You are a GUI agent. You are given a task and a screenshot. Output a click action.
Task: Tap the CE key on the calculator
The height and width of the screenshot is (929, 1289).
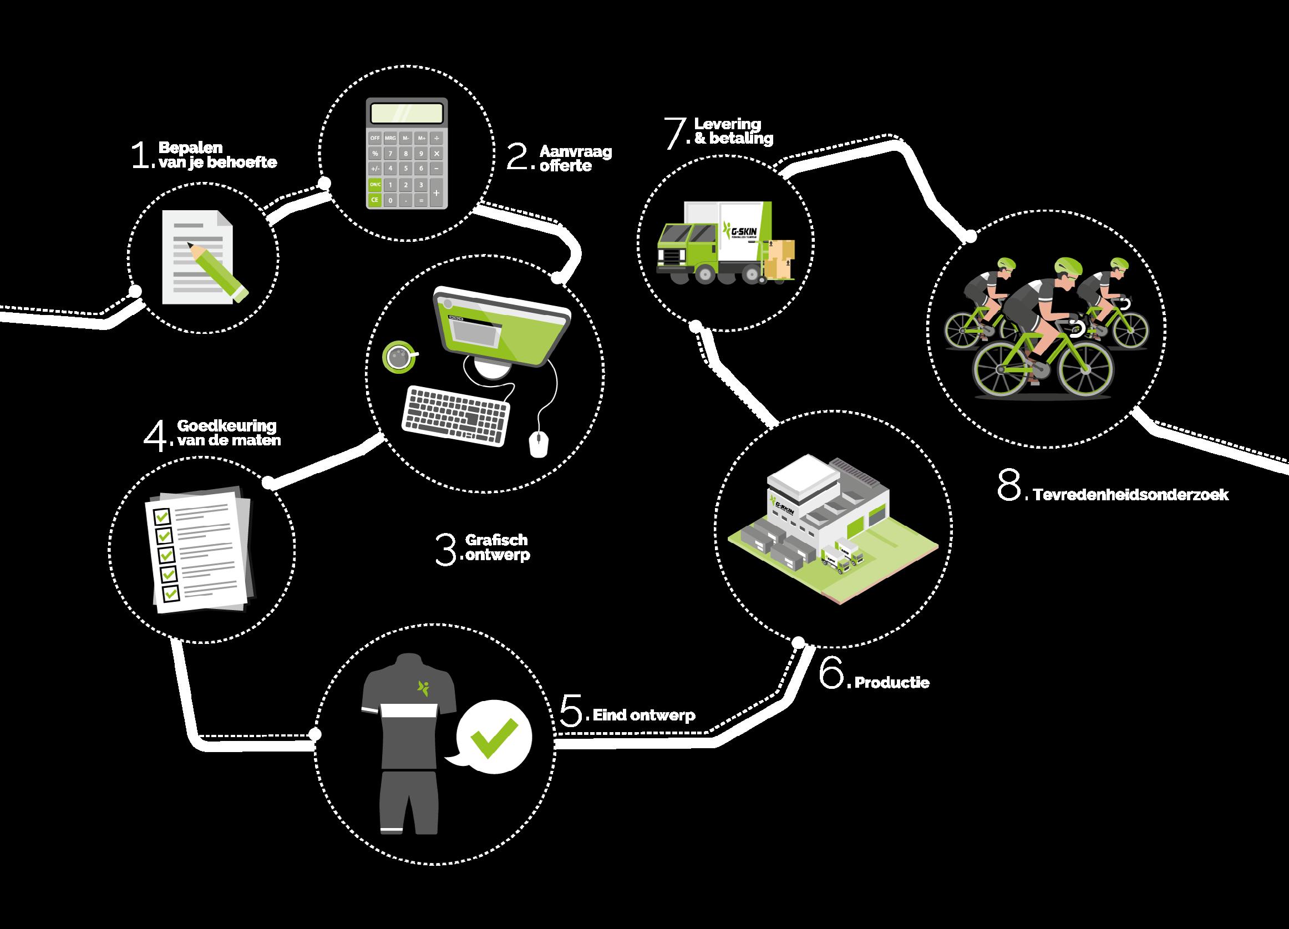[x=374, y=200]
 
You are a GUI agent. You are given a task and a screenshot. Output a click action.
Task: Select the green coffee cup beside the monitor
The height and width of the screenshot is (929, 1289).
[x=399, y=357]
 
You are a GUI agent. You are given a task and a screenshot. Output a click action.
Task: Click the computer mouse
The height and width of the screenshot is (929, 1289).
[x=538, y=444]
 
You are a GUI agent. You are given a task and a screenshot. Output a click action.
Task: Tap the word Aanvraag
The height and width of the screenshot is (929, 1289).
[x=575, y=152]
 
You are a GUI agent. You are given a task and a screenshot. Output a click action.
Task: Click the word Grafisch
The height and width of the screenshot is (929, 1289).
[x=496, y=540]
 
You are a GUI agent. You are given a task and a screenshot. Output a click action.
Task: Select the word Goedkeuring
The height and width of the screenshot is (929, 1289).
[x=226, y=425]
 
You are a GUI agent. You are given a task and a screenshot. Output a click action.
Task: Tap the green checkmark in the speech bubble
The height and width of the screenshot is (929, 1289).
[x=493, y=738]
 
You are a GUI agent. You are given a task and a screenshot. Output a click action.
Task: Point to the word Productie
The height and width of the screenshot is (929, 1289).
[x=892, y=682]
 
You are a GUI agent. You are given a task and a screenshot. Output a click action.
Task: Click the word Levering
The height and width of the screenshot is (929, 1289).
[x=727, y=124]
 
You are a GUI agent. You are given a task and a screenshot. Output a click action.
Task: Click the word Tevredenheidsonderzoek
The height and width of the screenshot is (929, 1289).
[x=1130, y=495]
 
